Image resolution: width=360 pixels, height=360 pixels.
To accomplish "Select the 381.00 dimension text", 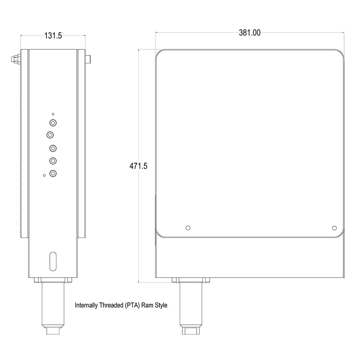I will pos(249,33).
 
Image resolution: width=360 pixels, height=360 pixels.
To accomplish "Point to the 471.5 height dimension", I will pos(139,166).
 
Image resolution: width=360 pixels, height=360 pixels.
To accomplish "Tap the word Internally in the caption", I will pos(86,306).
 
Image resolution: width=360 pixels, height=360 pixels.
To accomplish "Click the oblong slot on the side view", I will pos(53,261).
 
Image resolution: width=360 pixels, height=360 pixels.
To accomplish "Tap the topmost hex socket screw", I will pos(53,123).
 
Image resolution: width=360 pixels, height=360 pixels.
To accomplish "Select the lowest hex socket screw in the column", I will pos(53,174).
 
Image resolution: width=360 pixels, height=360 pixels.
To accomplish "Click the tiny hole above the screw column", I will pos(53,114).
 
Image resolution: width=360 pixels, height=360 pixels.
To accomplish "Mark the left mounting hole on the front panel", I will pos(187,228).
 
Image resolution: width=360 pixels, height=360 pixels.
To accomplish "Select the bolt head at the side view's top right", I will pos(88,59).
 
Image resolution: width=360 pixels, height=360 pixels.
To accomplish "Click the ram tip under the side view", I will pos(53,330).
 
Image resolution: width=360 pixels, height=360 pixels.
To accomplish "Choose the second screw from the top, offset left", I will pos(50,135).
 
